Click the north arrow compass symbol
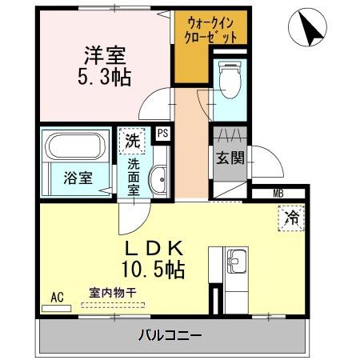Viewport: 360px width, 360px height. tap(307, 27)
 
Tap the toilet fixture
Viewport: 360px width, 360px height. tap(230, 79)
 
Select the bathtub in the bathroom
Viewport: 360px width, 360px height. tap(75, 146)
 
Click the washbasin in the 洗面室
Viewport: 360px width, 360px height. tap(159, 179)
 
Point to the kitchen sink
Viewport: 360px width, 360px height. tap(237, 262)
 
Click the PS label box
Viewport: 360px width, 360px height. tap(162, 133)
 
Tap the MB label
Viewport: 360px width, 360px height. tap(278, 194)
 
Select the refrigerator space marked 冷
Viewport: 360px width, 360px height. tap(291, 218)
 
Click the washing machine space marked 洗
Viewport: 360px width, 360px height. tap(132, 141)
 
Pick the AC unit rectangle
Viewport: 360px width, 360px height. tap(57, 309)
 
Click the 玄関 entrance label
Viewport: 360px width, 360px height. tap(230, 158)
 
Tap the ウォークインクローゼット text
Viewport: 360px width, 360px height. tap(210, 30)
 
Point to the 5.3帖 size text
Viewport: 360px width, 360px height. tap(105, 78)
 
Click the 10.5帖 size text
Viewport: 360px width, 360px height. tap(153, 270)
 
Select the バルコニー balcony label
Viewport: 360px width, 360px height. tap(170, 335)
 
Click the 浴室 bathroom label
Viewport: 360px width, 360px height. tap(78, 178)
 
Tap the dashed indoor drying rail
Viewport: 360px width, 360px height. tap(113, 305)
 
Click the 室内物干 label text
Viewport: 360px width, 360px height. tap(113, 293)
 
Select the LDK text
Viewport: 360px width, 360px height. tap(154, 249)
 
